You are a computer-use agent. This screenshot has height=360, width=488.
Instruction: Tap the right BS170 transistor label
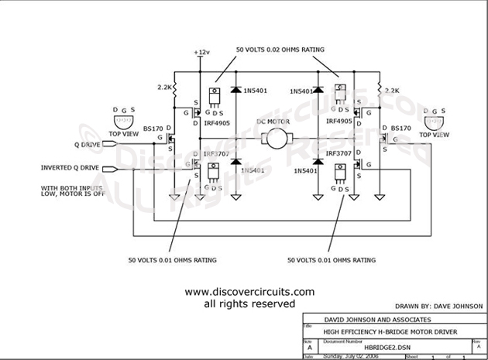(x=400, y=127)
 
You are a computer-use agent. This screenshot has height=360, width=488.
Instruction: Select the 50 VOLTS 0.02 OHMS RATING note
(x=280, y=50)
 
